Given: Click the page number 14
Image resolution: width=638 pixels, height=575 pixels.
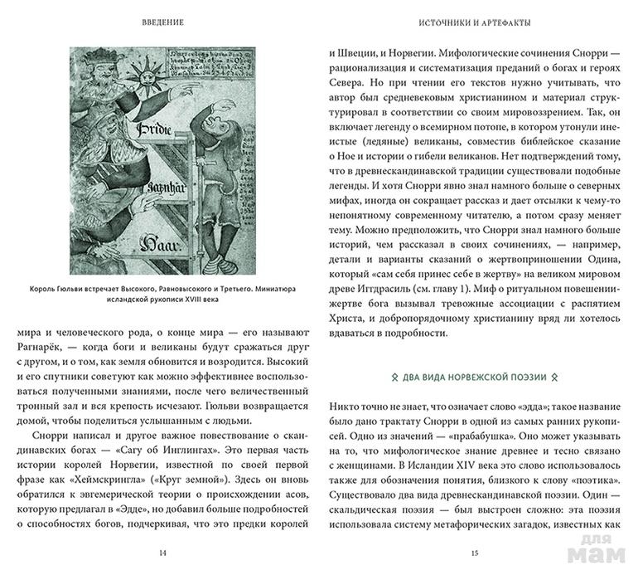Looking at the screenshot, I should (x=161, y=550).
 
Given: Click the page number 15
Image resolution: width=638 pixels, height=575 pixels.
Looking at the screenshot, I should (x=474, y=550).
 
